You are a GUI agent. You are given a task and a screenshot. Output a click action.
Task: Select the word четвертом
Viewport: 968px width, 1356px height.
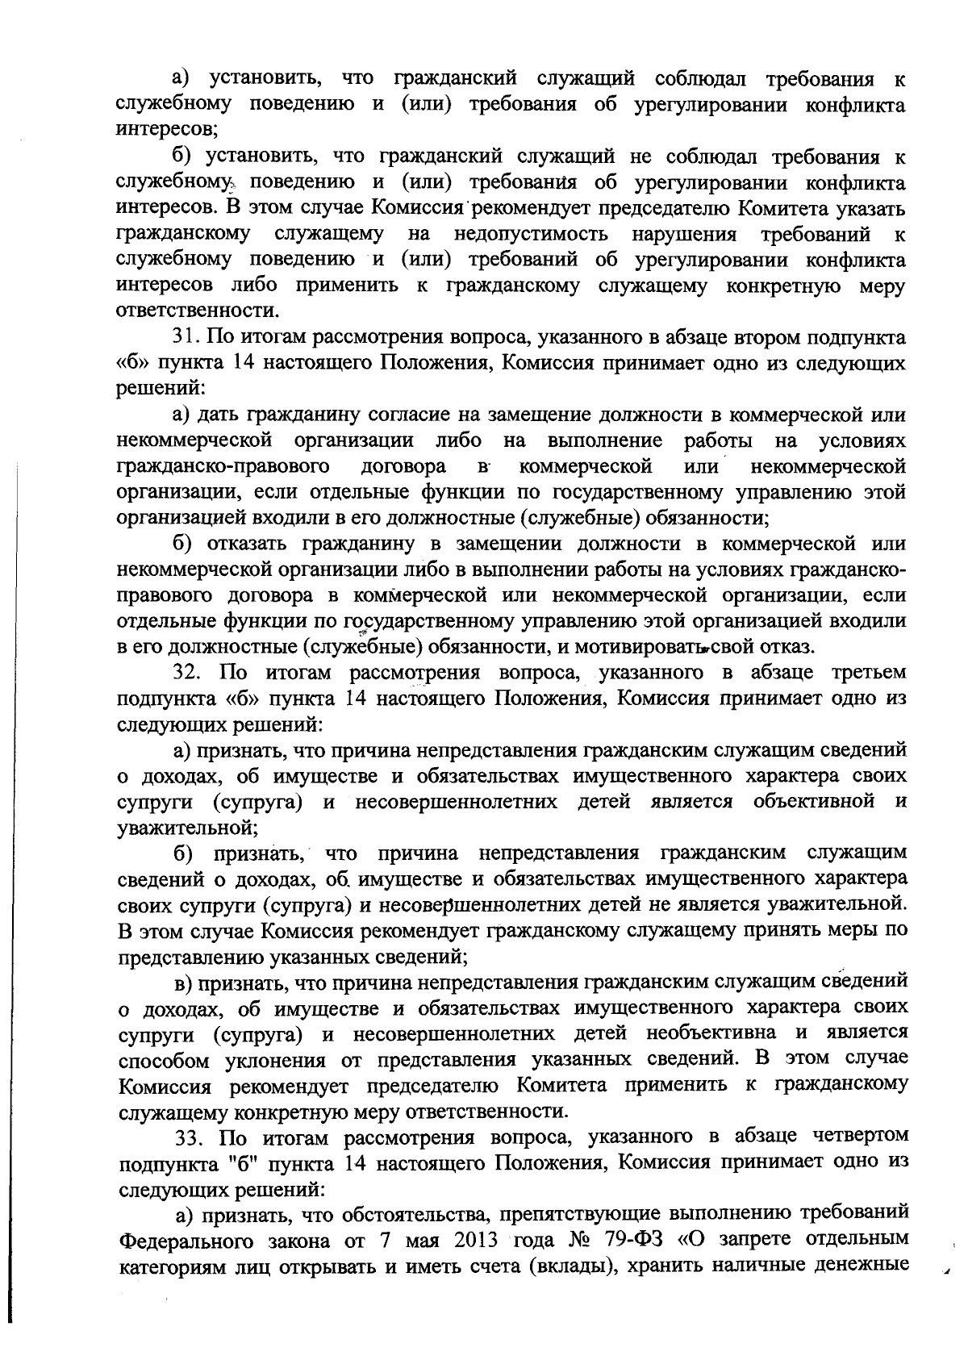[x=857, y=1137]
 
